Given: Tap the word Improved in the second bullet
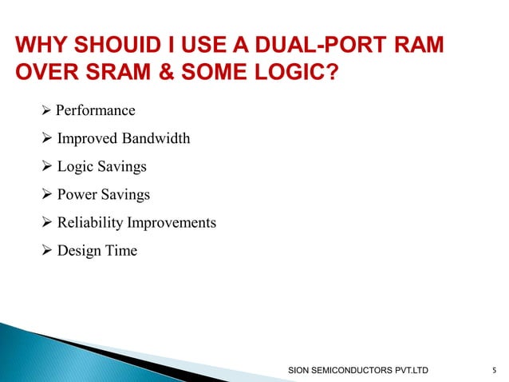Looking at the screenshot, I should [87, 139].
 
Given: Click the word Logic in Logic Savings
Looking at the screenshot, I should [73, 167].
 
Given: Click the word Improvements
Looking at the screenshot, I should [176, 223].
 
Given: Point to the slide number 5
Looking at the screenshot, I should [495, 370].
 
